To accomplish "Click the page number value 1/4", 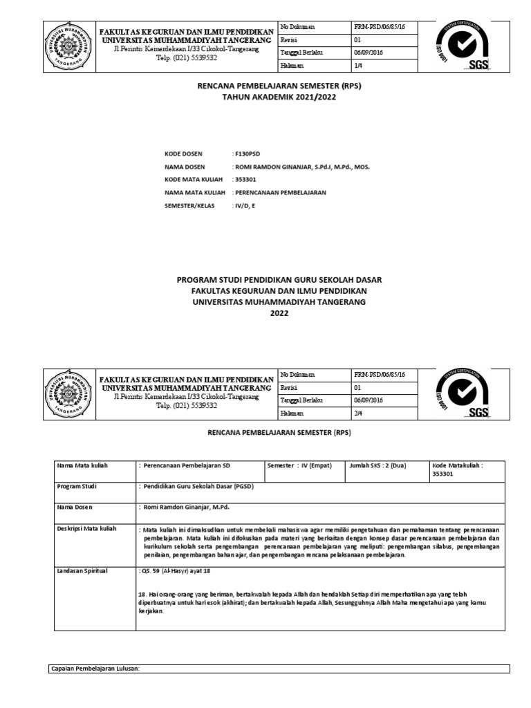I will point(358,66).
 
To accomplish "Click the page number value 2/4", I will point(358,413).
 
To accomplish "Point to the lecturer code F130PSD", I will point(247,153).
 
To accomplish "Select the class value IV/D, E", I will point(245,205).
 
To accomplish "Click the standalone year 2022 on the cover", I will point(279,313).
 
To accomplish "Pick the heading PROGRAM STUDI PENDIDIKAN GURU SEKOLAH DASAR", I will point(279,279).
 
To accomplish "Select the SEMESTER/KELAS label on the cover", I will point(189,205).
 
